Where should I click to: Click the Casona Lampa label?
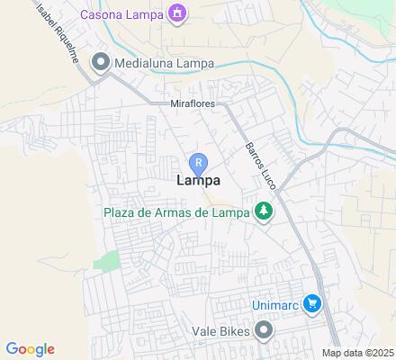pyautogui.click(x=121, y=13)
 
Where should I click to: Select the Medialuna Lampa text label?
pyautogui.click(x=157, y=62)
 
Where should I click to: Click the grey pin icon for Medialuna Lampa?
pyautogui.click(x=100, y=62)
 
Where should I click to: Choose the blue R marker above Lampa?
pyautogui.click(x=198, y=163)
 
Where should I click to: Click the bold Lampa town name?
pyautogui.click(x=198, y=182)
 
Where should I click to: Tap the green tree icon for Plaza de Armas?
pyautogui.click(x=263, y=212)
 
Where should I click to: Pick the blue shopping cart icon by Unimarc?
pyautogui.click(x=311, y=303)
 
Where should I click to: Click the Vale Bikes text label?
pyautogui.click(x=220, y=332)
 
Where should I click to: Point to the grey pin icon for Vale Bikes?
pyautogui.click(x=263, y=332)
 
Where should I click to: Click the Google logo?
pyautogui.click(x=30, y=349)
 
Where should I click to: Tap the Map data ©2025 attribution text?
pyautogui.click(x=358, y=353)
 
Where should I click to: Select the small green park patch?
pyautogui.click(x=107, y=262)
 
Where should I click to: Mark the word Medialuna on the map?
pyautogui.click(x=143, y=62)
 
